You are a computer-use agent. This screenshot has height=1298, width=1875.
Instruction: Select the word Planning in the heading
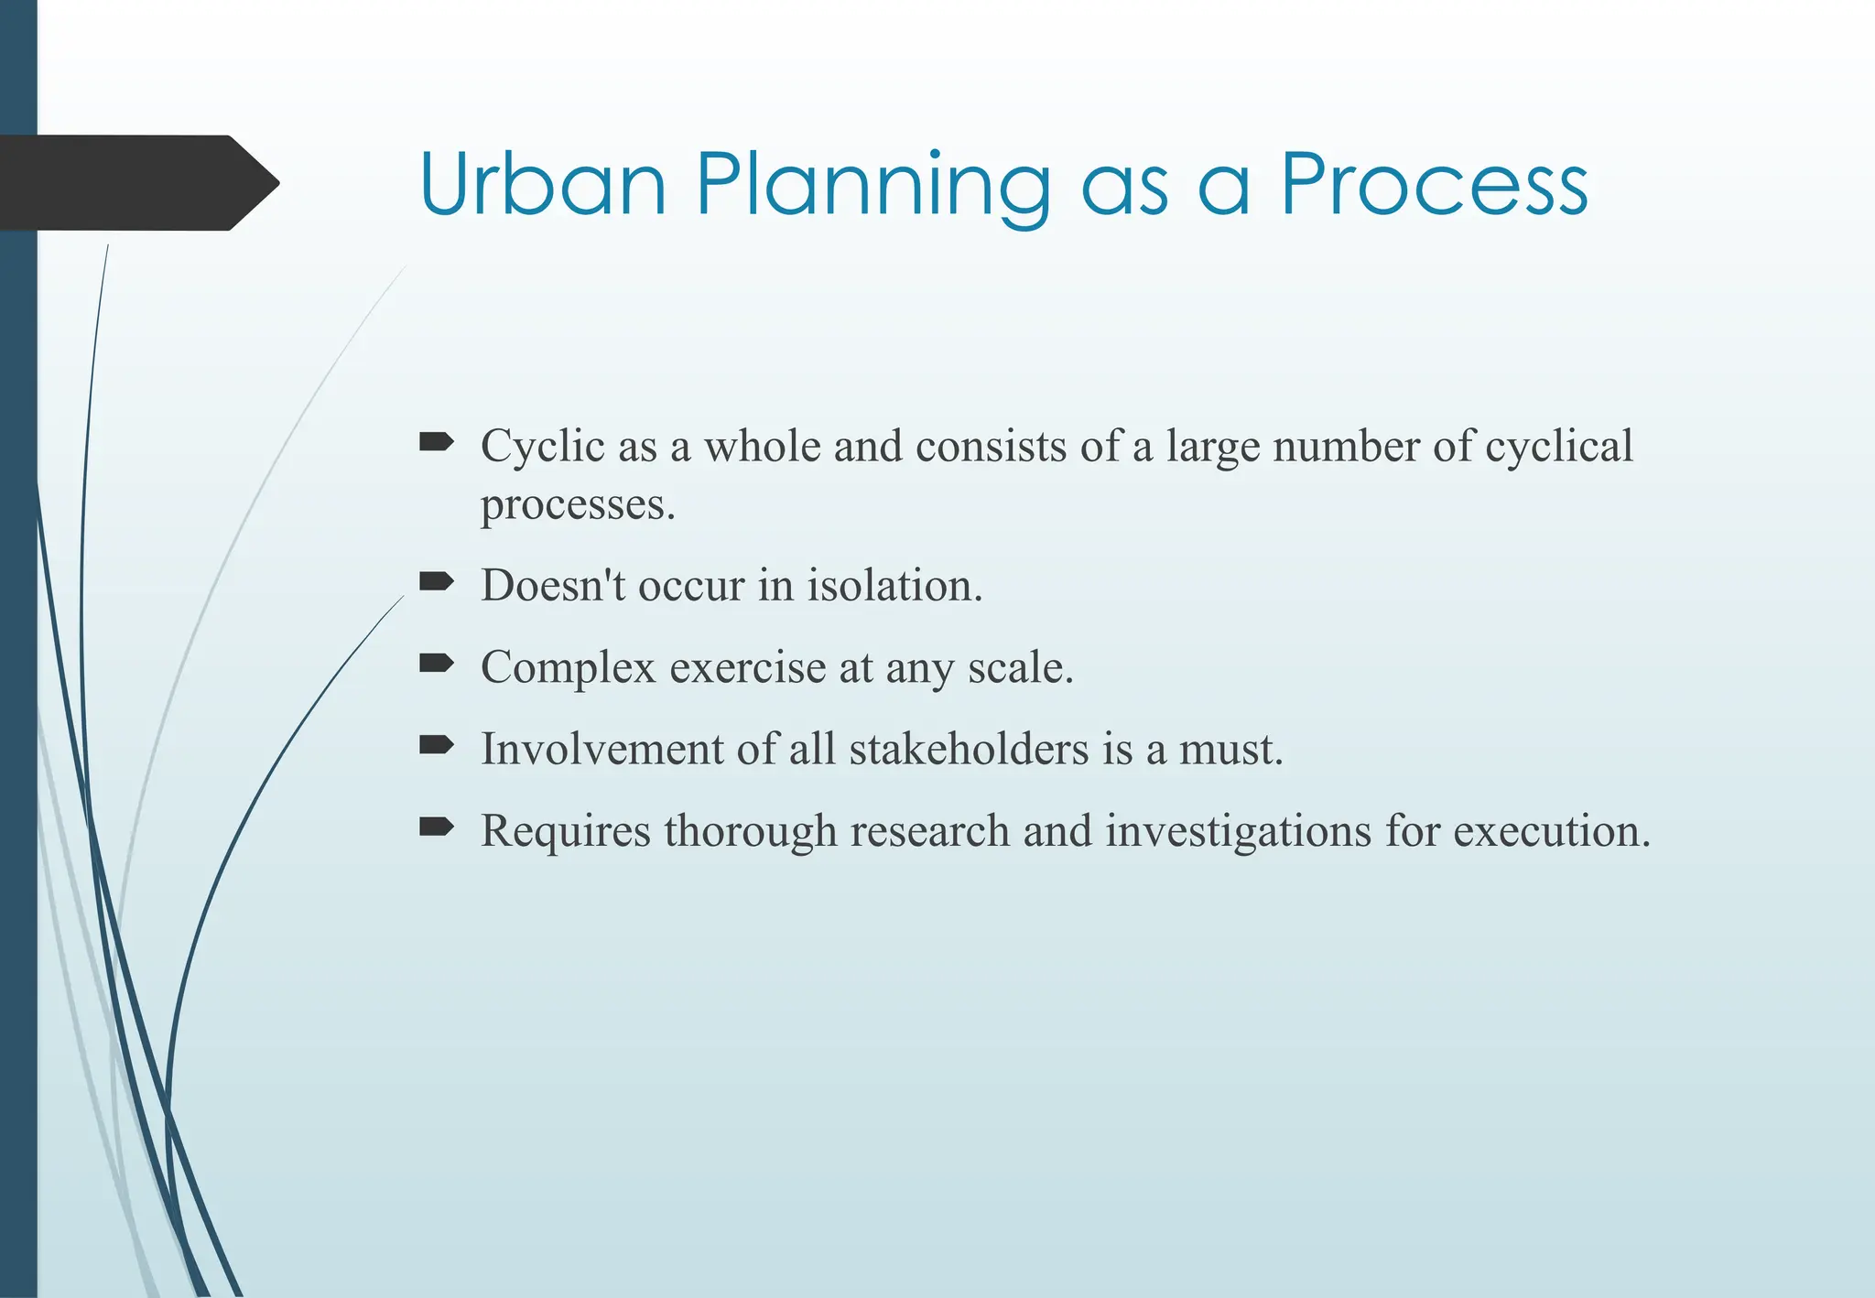tap(872, 186)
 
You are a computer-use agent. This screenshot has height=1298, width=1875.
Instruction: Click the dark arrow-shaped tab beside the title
tap(137, 182)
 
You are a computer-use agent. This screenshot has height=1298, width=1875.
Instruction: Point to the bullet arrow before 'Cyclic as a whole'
tap(436, 443)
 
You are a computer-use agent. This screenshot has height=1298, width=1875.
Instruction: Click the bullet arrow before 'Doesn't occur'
tap(436, 581)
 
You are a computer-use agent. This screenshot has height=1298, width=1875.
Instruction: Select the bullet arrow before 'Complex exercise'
tap(436, 664)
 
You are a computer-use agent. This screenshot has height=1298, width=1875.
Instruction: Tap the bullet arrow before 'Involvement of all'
tap(436, 745)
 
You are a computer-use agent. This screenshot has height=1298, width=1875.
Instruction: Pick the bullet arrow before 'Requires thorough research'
tap(436, 827)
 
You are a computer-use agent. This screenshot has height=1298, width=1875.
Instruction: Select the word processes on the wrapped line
tap(577, 504)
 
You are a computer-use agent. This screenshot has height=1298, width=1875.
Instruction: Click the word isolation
tap(894, 585)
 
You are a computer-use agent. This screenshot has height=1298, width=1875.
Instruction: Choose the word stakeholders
tap(969, 749)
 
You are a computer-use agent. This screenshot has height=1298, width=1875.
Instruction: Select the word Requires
tap(565, 831)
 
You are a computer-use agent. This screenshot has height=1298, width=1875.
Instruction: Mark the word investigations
tap(1238, 831)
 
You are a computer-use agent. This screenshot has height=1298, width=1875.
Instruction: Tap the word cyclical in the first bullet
tap(1558, 447)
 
